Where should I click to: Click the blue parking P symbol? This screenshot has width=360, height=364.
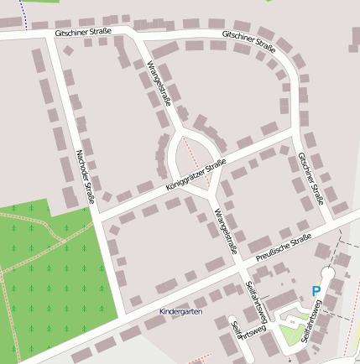316,291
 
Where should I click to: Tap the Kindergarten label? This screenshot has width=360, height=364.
180,311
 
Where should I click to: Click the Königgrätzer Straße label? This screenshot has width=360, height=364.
194,174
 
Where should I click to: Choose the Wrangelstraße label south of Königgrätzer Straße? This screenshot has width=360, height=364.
225,231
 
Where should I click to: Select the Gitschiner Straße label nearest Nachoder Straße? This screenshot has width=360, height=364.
82,30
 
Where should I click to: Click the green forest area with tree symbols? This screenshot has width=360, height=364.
42,277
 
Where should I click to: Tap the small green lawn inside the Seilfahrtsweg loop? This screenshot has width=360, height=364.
290,335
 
